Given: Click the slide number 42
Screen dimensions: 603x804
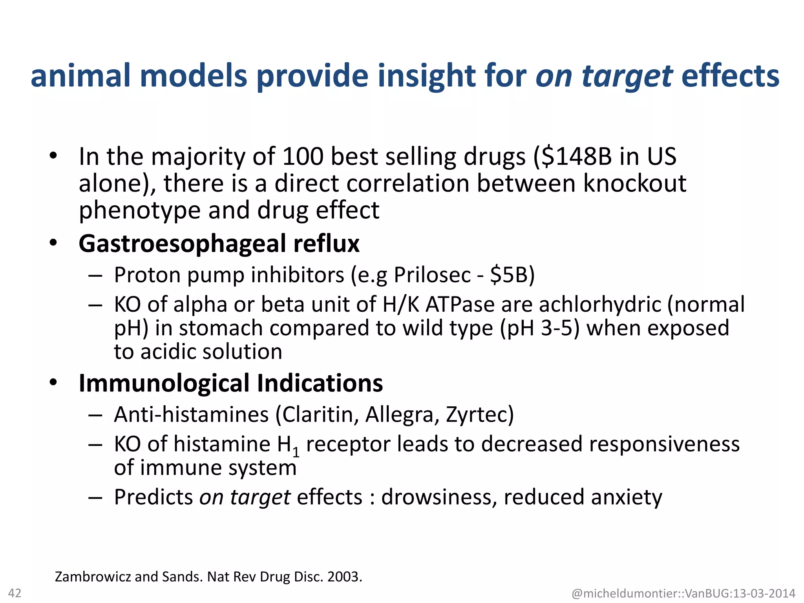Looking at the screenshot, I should coord(15,593).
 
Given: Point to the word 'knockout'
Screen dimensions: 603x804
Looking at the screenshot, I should coord(635,183).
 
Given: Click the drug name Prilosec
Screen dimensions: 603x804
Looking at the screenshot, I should coord(432,275).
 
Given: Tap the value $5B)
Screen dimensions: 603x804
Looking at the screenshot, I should coord(513,275).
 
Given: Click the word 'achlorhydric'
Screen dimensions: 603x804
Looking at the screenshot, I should coord(600,305).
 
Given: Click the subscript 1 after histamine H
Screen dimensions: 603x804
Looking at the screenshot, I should coord(296,453).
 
